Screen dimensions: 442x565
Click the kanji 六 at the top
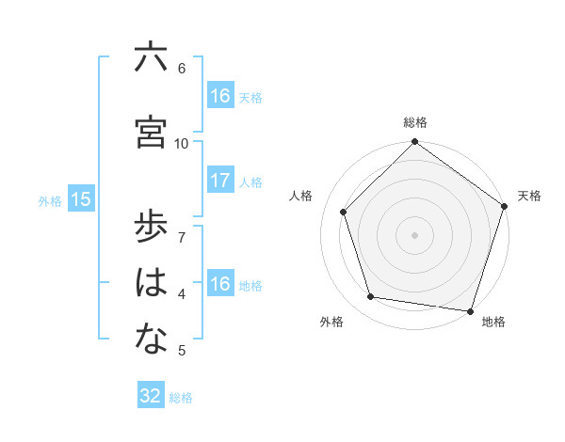click(151, 58)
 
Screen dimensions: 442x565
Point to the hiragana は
click(151, 283)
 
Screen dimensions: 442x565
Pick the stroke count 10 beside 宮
click(182, 143)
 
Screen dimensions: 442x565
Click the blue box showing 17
click(220, 181)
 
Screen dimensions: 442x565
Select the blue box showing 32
click(151, 396)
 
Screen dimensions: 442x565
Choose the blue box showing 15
click(80, 199)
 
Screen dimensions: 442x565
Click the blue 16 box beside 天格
click(220, 95)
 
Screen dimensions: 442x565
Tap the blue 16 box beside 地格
click(220, 284)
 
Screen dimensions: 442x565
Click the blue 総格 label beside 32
click(181, 398)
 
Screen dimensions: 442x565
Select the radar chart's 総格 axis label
click(415, 122)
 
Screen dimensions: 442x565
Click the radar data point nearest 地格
click(469, 310)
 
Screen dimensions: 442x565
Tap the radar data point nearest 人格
click(343, 212)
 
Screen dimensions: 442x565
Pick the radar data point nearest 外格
click(371, 297)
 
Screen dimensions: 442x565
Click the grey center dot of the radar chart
click(415, 234)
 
